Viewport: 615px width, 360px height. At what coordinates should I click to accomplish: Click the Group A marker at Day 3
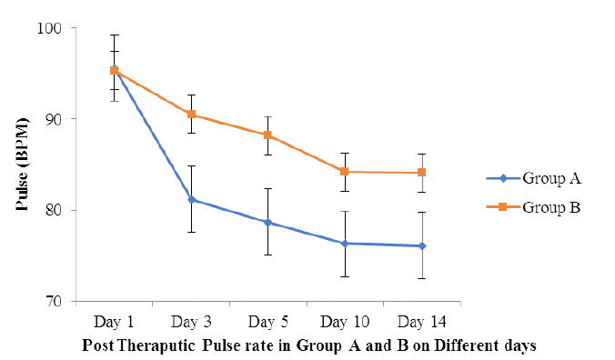pyautogui.click(x=192, y=199)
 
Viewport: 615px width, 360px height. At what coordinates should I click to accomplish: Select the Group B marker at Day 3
pyautogui.click(x=191, y=114)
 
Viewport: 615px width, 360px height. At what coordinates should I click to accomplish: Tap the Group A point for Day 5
pyautogui.click(x=268, y=223)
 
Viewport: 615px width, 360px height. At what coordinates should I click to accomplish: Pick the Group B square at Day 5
pyautogui.click(x=267, y=135)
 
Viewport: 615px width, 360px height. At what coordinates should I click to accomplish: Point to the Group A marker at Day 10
pyautogui.click(x=345, y=244)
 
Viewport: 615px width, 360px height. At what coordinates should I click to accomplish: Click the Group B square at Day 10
pyautogui.click(x=345, y=172)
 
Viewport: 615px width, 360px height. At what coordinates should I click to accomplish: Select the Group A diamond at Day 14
pyautogui.click(x=422, y=246)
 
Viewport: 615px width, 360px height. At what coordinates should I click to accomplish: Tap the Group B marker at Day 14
pyautogui.click(x=421, y=173)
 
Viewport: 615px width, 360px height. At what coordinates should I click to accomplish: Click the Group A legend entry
pyautogui.click(x=533, y=178)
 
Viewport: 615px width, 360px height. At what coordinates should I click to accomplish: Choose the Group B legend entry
pyautogui.click(x=533, y=207)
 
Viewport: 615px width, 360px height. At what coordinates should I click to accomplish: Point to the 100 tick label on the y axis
pyautogui.click(x=49, y=28)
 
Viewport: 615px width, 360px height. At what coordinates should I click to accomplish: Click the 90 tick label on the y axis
pyautogui.click(x=54, y=119)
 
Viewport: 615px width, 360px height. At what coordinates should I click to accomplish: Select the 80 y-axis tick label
pyautogui.click(x=54, y=210)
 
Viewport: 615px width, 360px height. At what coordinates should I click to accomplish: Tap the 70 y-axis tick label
pyautogui.click(x=54, y=301)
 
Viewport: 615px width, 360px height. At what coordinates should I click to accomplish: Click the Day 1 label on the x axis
pyautogui.click(x=114, y=323)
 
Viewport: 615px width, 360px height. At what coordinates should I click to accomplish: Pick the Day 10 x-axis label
pyautogui.click(x=345, y=323)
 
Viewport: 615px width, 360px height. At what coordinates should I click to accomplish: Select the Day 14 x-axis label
pyautogui.click(x=422, y=323)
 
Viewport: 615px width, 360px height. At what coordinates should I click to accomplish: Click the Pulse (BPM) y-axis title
pyautogui.click(x=23, y=165)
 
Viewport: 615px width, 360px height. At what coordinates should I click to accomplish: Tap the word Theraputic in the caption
pyautogui.click(x=156, y=345)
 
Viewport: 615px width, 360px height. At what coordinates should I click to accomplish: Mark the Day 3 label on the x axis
pyautogui.click(x=191, y=323)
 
